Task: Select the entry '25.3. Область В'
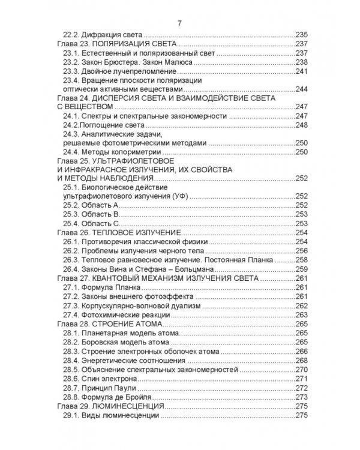[x=91, y=214]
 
